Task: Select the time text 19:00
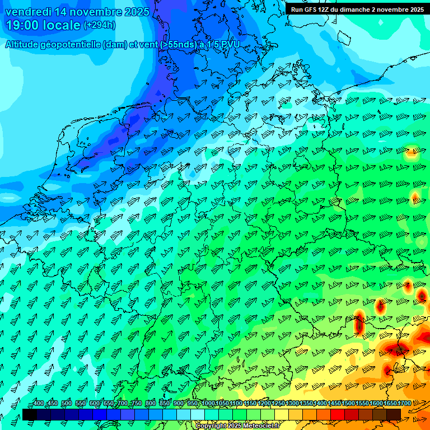pyautogui.click(x=24, y=25)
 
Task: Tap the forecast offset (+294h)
pyautogui.click(x=100, y=25)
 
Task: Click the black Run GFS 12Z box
pyautogui.click(x=357, y=10)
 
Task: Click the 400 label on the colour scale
pyautogui.click(x=38, y=404)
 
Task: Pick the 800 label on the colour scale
pyautogui.click(x=150, y=404)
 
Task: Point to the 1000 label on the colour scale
pyautogui.click(x=208, y=404)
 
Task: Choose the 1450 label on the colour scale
pyautogui.click(x=334, y=404)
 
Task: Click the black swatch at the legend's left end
pyautogui.click(x=30, y=414)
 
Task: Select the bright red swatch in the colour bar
pyautogui.click(x=338, y=414)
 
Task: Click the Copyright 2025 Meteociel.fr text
pyautogui.click(x=237, y=426)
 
